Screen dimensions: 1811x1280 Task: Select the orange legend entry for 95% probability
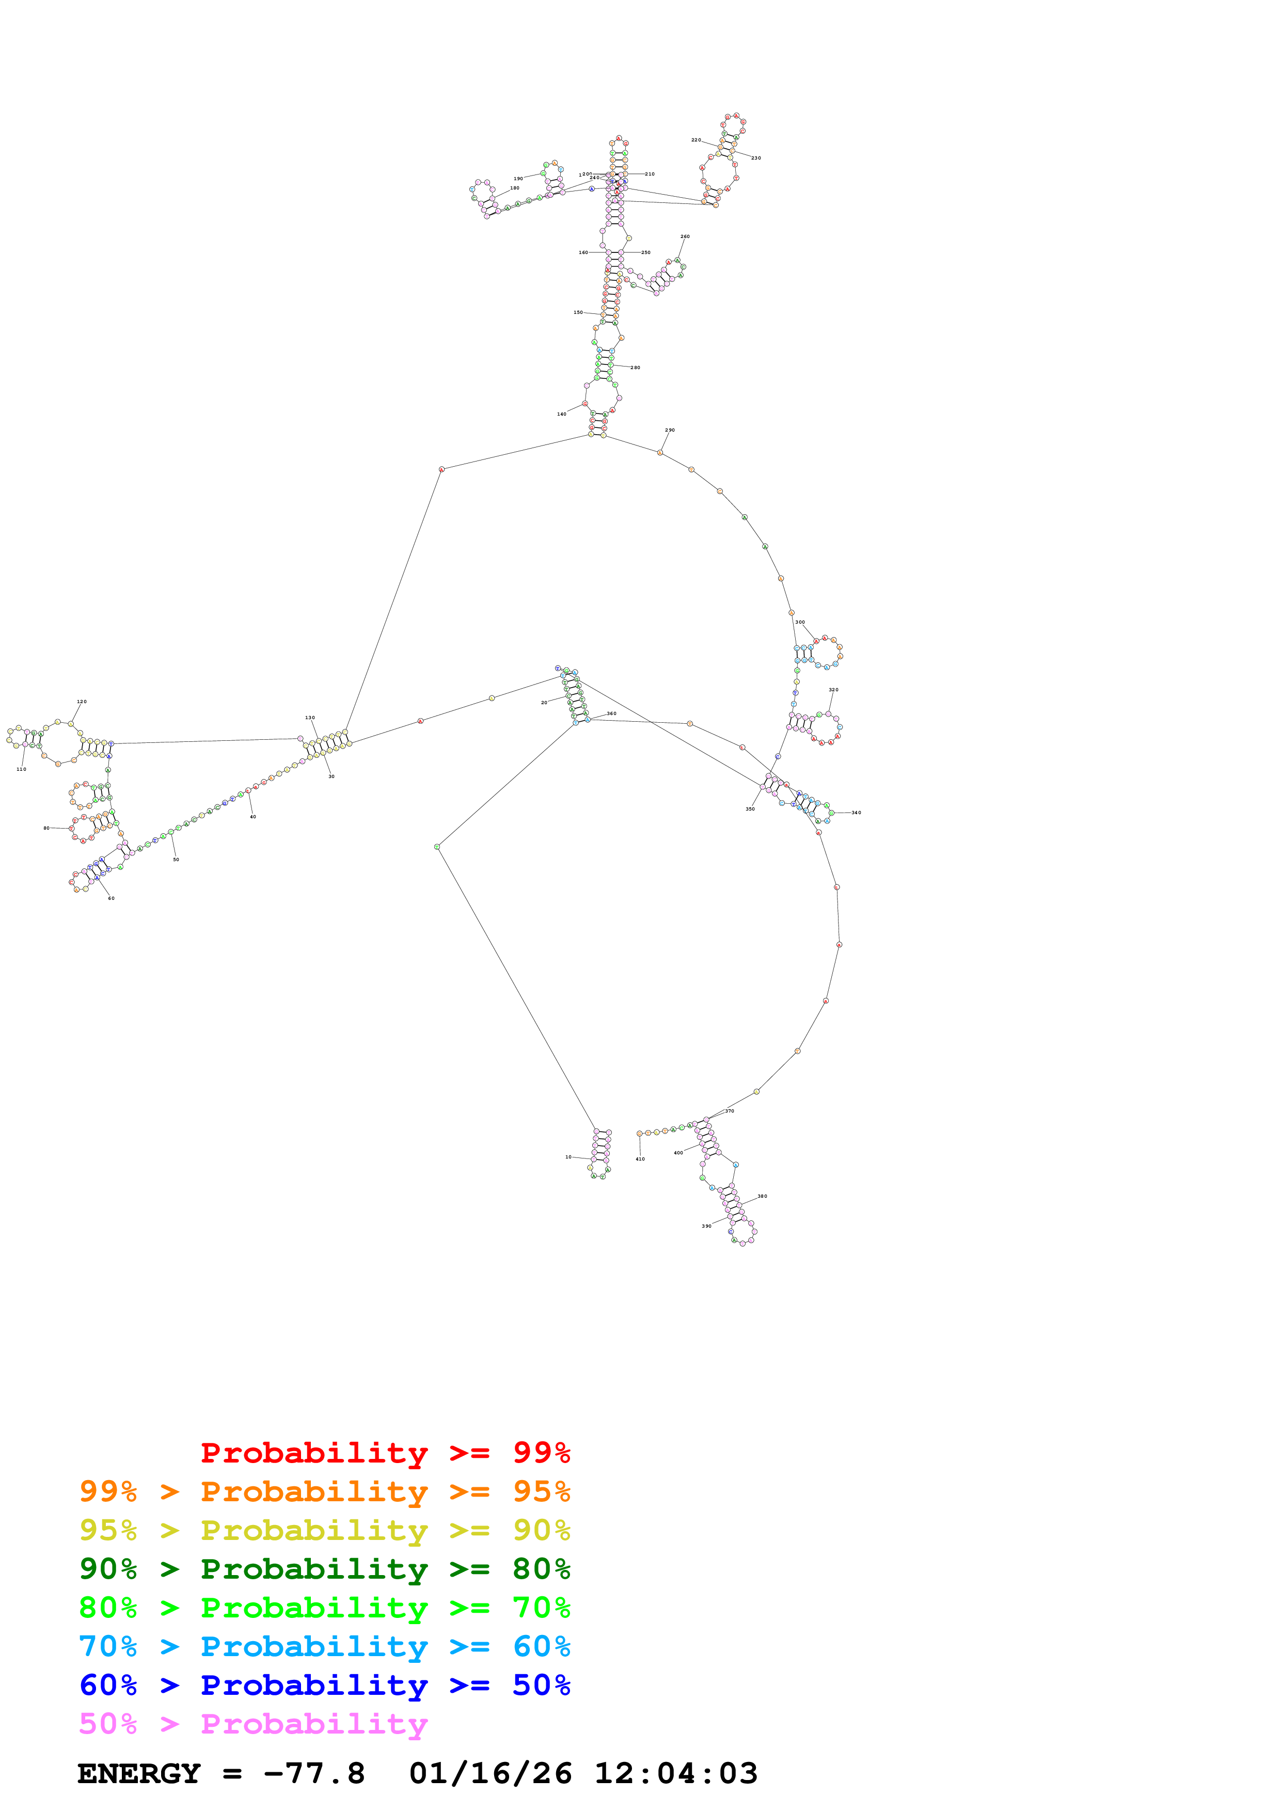(x=324, y=1491)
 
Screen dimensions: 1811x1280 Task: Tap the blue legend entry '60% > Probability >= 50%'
(x=324, y=1685)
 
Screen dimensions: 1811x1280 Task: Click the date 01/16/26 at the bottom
(x=490, y=1773)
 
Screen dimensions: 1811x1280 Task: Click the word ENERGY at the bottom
(x=139, y=1773)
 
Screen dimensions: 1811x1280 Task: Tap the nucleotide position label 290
(x=670, y=430)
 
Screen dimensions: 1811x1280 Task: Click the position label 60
(x=111, y=898)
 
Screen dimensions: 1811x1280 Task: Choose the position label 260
(x=685, y=236)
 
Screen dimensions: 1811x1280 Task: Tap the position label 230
(x=755, y=158)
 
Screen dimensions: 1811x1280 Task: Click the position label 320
(x=833, y=690)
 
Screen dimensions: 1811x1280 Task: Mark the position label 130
(x=310, y=718)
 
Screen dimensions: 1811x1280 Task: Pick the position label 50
(x=176, y=860)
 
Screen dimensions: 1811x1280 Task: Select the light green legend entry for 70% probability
(x=324, y=1608)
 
